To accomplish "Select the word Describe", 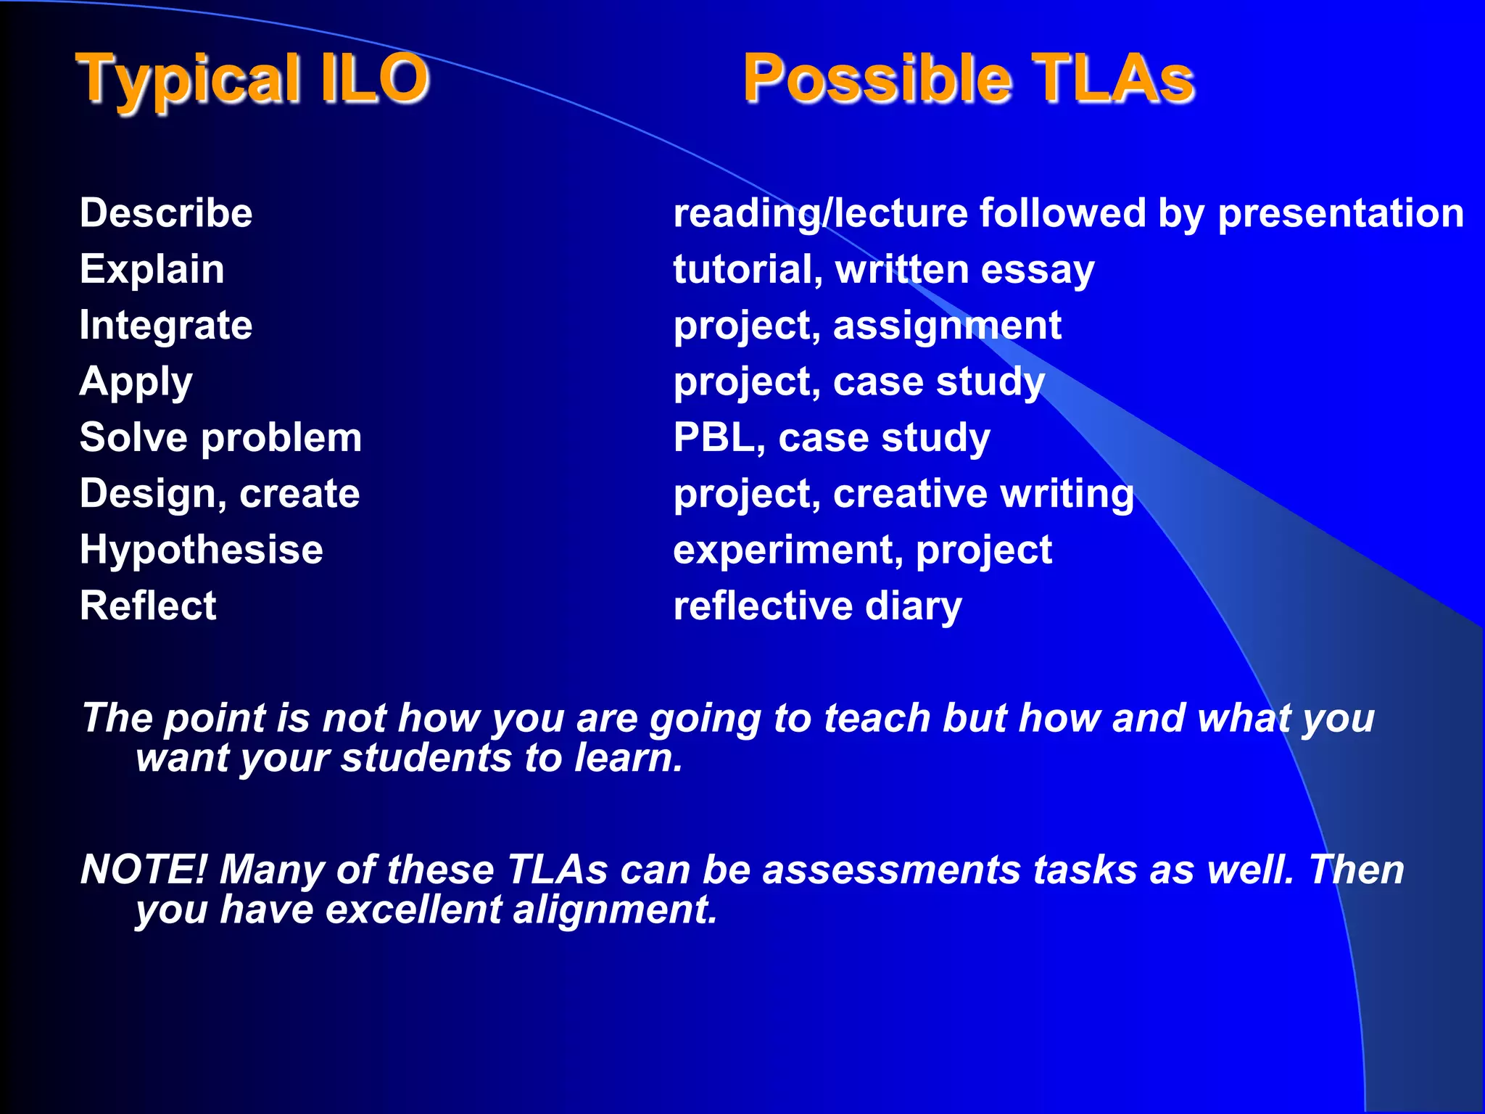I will [166, 213].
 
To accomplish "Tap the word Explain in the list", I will [152, 269].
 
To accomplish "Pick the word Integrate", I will [166, 325].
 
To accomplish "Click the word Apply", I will [136, 381].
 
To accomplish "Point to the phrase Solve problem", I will [220, 437].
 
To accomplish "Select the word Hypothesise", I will [202, 550].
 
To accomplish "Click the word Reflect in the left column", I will [148, 606].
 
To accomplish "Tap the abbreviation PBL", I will [714, 437].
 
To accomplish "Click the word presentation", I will [1340, 213].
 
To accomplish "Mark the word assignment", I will [947, 325].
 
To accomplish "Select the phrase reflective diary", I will [817, 606].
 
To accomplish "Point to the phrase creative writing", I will [983, 494].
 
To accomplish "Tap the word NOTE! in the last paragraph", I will [144, 869].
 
